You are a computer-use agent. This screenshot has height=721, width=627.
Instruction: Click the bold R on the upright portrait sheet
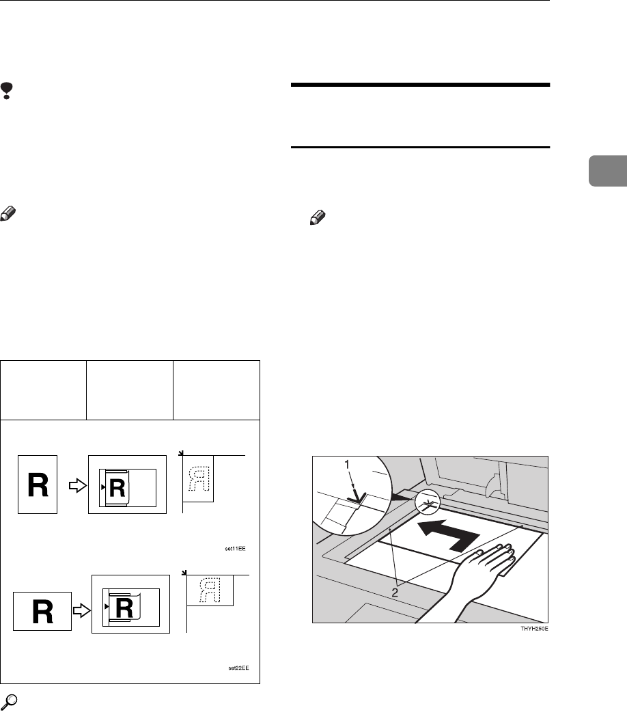[x=38, y=485]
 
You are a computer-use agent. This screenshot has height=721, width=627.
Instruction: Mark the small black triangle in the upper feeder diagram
[x=103, y=486]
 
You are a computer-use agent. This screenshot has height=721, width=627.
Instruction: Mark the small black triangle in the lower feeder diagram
[x=104, y=606]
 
